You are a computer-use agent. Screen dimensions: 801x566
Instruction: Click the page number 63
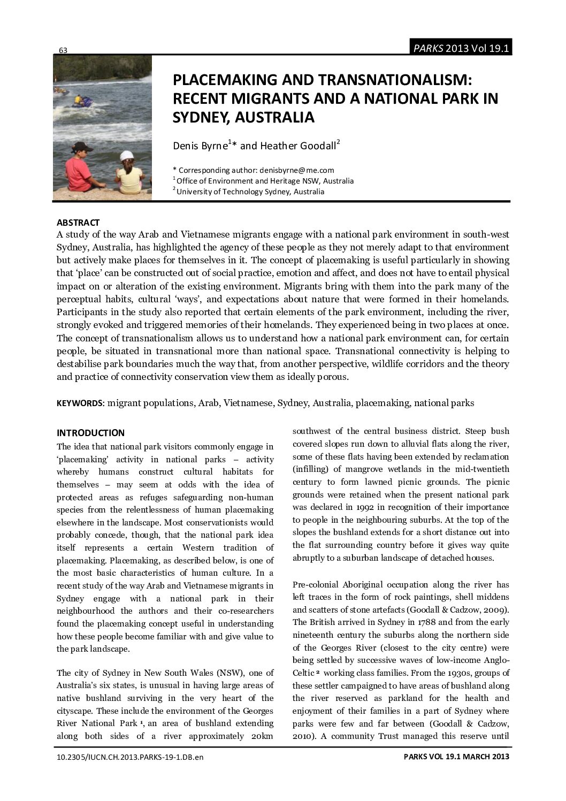coord(63,50)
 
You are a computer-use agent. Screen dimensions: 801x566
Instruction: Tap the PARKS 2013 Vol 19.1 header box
coord(460,48)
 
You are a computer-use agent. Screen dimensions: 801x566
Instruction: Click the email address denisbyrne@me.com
coord(296,171)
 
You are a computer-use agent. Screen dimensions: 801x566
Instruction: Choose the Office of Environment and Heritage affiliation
coord(263,181)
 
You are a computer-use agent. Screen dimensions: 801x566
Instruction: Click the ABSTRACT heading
coord(78,223)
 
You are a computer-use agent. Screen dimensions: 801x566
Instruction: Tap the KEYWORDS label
coord(81,403)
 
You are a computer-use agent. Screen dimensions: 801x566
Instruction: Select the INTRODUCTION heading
coord(90,433)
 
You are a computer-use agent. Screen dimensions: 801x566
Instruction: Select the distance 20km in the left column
coord(262,736)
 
